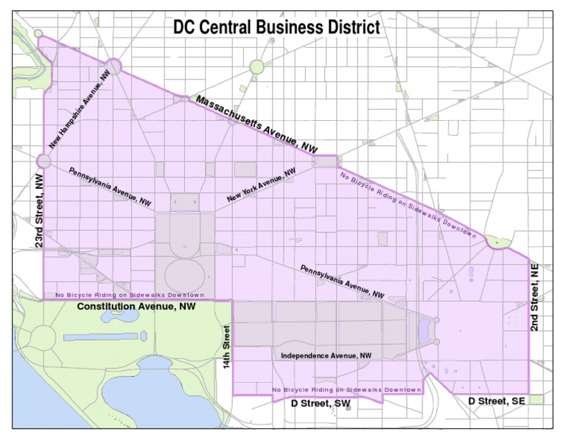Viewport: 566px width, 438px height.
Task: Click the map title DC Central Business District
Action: [276, 28]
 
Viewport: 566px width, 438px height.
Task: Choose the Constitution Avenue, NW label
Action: [136, 306]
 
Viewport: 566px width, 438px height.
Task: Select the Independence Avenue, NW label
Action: [326, 355]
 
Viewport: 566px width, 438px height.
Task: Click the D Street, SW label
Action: [321, 403]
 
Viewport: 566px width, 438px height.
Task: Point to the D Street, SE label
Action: [497, 400]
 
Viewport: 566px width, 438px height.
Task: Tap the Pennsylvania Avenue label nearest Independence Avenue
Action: [342, 281]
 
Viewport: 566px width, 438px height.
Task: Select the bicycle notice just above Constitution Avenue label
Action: [124, 296]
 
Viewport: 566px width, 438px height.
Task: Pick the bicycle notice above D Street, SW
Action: [346, 389]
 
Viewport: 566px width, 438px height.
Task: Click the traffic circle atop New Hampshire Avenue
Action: [113, 66]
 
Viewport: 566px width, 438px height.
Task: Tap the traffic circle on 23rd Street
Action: [43, 161]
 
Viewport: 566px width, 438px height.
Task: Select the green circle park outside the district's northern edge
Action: [256, 67]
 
